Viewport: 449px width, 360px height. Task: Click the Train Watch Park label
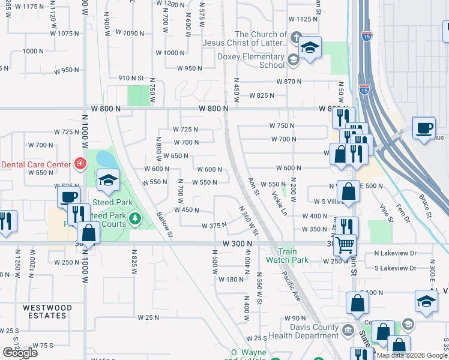click(288, 256)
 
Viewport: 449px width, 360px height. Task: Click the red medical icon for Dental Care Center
click(79, 163)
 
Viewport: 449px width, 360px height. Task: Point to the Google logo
click(20, 353)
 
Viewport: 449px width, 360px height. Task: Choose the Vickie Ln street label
click(279, 203)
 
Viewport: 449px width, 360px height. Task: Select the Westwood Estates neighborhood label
click(47, 311)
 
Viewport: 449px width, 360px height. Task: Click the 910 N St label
click(131, 78)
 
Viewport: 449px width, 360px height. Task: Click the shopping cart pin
click(345, 244)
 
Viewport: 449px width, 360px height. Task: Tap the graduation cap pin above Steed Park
click(108, 179)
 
